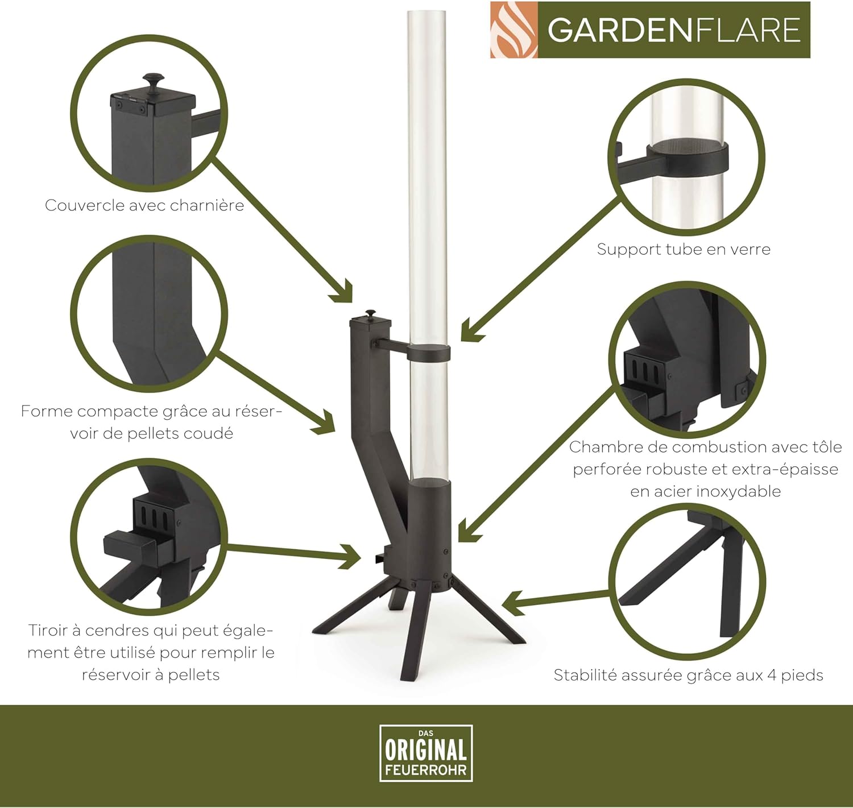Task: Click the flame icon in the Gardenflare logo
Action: pos(514,30)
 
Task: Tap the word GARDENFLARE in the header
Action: pos(674,30)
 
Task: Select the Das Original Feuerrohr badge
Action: pos(426,753)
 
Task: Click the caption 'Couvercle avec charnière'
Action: pos(144,205)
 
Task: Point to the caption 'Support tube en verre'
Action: pos(684,249)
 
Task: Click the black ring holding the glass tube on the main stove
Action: pos(429,352)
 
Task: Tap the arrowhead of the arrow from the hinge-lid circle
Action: pos(343,292)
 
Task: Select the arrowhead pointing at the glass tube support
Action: pos(470,331)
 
